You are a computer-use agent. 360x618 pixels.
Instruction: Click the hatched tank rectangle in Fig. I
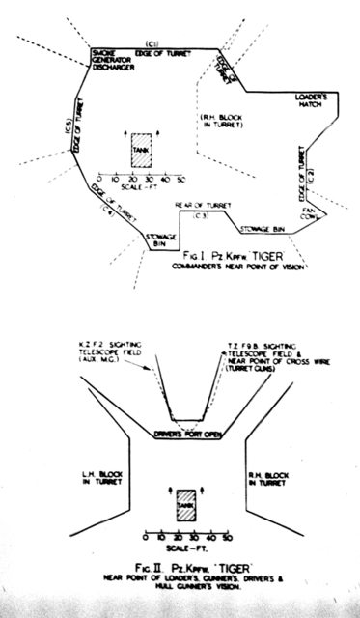(141, 154)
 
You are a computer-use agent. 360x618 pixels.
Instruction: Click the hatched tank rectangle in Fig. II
(184, 505)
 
